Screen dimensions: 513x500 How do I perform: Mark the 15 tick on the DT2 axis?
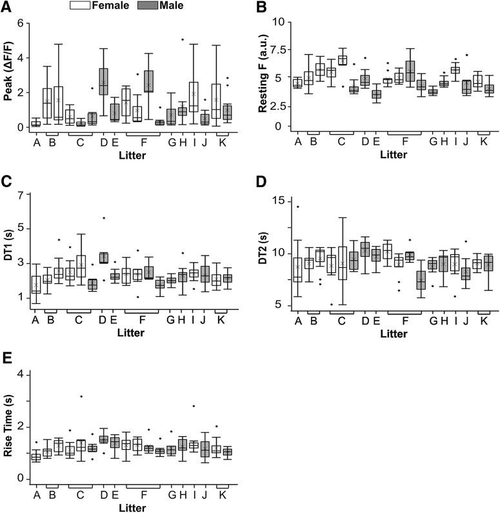[279, 201]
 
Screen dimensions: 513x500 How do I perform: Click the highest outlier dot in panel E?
[81, 396]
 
